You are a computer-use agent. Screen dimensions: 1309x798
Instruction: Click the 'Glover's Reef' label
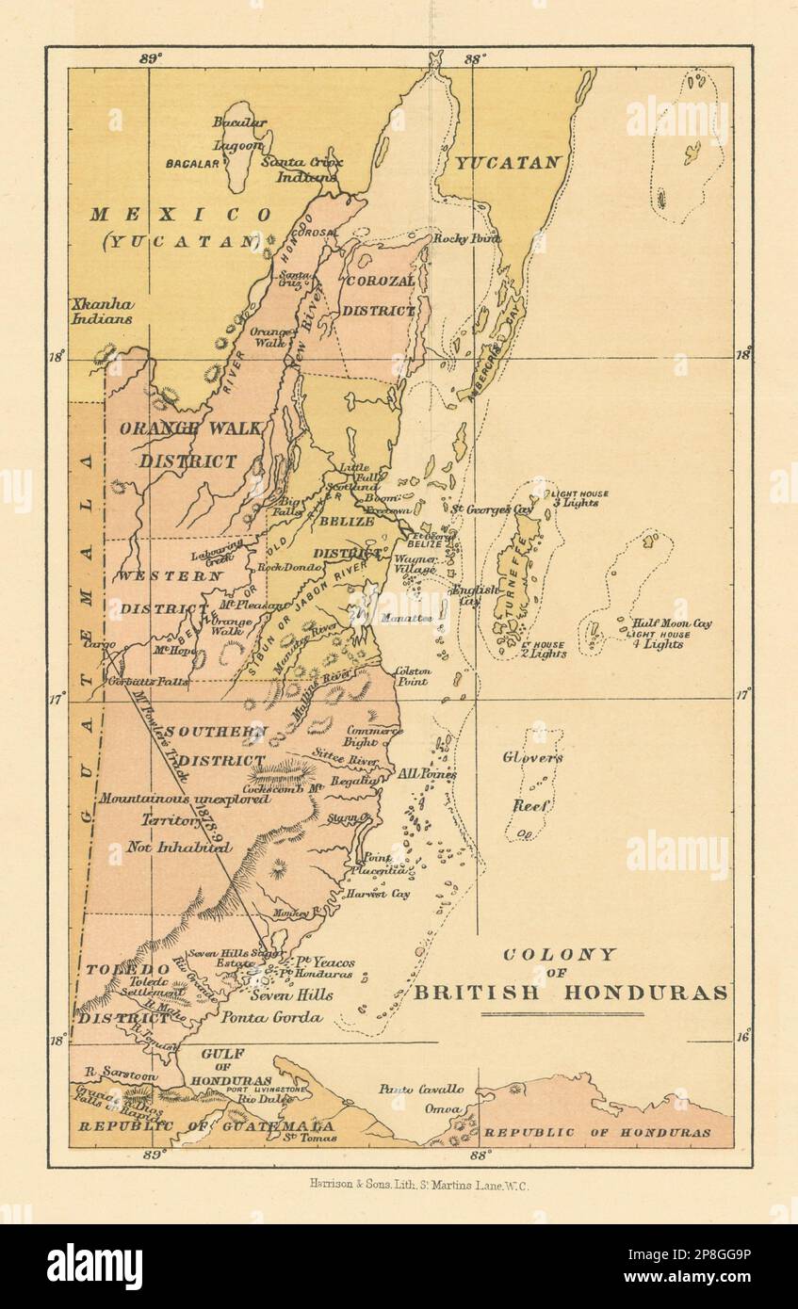(x=531, y=781)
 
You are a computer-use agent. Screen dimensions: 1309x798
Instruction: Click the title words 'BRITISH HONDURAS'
(x=572, y=992)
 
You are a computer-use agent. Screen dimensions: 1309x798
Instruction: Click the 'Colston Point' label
(x=413, y=675)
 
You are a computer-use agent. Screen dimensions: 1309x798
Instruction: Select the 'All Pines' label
(x=426, y=773)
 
